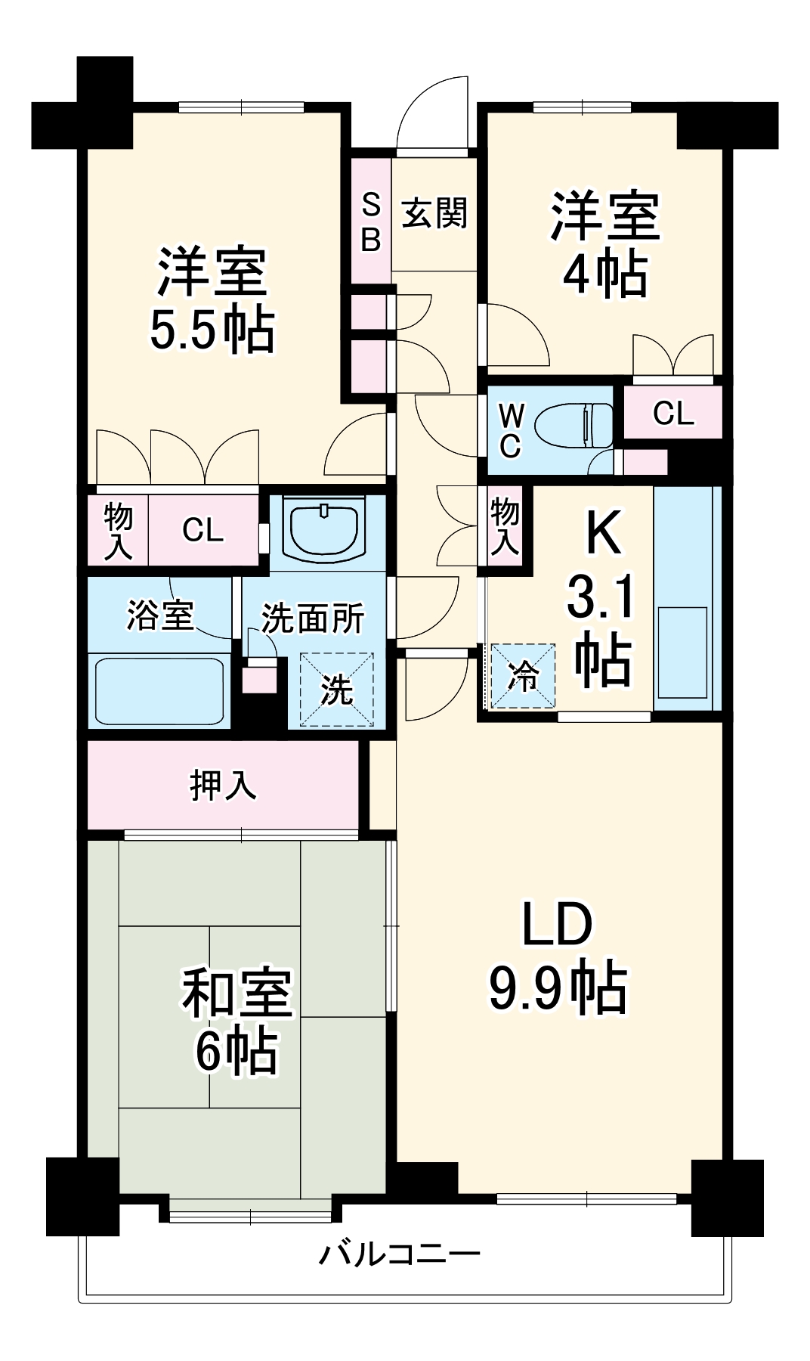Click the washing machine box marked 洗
tap(337, 689)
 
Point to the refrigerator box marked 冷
tap(523, 675)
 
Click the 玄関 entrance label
tap(434, 213)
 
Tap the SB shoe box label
tap(371, 222)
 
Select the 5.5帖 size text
tap(212, 330)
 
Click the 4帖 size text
tap(604, 274)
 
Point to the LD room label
tap(558, 924)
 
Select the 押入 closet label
tap(223, 786)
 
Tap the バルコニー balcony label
tap(399, 1254)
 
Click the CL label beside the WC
tap(672, 413)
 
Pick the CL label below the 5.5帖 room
tap(202, 530)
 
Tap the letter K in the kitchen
tap(604, 533)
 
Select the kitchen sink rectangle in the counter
tap(682, 652)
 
